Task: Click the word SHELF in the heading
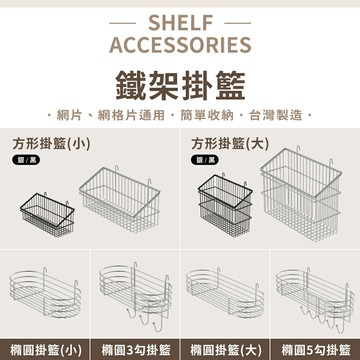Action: [179, 23]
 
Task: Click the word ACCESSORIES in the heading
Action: [180, 46]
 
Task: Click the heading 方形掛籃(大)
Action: [228, 141]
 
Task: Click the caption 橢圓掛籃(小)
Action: [45, 349]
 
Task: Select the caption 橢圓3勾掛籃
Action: [134, 349]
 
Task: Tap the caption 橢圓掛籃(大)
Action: [224, 349]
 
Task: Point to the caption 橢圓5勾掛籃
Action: [314, 349]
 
